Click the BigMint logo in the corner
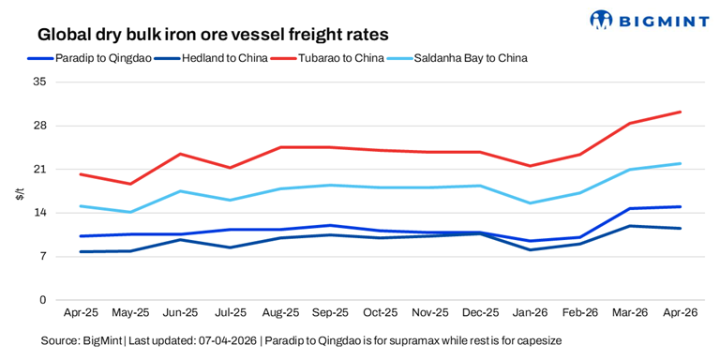pyautogui.click(x=649, y=19)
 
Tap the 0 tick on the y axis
pyautogui.click(x=42, y=300)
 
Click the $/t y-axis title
pyautogui.click(x=19, y=193)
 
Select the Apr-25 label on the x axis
pyautogui.click(x=81, y=312)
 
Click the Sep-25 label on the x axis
pyautogui.click(x=330, y=312)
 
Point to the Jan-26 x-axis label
pyautogui.click(x=531, y=312)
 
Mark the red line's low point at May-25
pyautogui.click(x=130, y=184)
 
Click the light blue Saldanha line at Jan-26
pyautogui.click(x=531, y=203)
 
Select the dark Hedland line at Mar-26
pyautogui.click(x=630, y=226)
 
